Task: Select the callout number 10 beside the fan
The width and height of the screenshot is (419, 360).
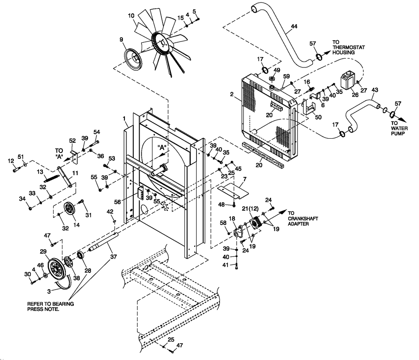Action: [x=131, y=16]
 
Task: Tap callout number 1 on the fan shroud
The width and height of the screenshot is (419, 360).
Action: [x=125, y=119]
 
